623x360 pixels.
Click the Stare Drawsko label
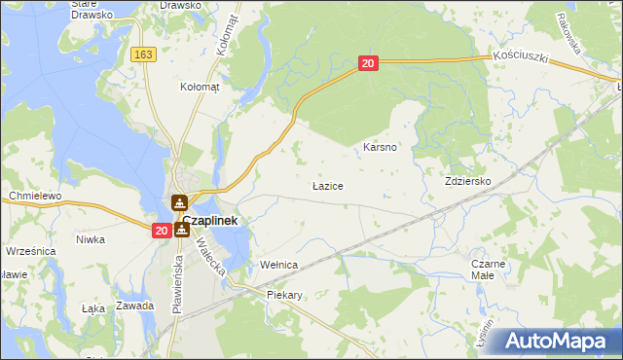point(92,10)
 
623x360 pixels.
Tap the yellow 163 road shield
point(145,55)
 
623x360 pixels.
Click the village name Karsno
point(379,147)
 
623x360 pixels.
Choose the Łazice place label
point(326,184)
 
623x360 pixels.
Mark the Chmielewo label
point(35,196)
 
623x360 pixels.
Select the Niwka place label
point(91,239)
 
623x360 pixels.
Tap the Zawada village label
point(134,306)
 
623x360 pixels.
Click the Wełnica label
point(277,265)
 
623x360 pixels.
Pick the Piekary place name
point(284,295)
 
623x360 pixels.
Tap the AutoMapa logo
point(558,341)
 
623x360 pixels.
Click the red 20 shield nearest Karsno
point(367,63)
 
